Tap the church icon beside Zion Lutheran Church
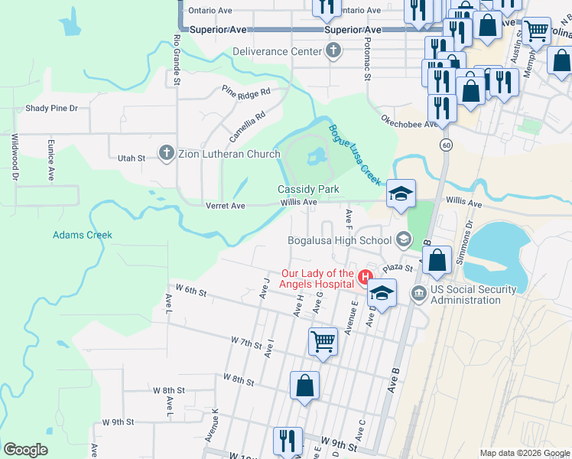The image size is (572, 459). point(166,154)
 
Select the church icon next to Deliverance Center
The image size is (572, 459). point(332,52)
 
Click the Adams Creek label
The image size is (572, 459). point(82,235)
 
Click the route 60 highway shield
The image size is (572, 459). point(446,145)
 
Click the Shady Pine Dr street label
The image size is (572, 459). point(52,109)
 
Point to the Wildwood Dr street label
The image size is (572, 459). point(15,157)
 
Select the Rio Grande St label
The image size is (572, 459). point(177,59)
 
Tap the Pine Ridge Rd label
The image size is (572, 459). point(246,92)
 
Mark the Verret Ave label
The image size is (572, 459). point(225,206)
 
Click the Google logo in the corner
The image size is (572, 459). point(25,450)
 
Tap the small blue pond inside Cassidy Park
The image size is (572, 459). point(314,158)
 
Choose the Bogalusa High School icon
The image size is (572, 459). point(403,240)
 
